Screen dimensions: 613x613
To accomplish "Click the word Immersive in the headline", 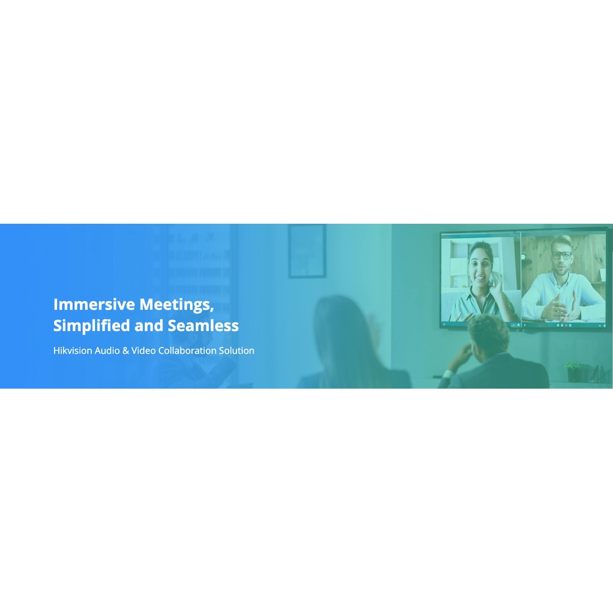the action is click(x=94, y=304).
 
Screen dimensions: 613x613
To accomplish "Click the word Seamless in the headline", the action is click(x=204, y=326).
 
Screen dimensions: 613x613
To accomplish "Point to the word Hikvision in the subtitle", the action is click(x=73, y=350).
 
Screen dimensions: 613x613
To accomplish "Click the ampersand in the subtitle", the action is click(x=126, y=351).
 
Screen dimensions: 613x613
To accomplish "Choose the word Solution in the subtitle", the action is click(x=237, y=350).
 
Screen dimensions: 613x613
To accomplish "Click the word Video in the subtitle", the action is click(x=143, y=350).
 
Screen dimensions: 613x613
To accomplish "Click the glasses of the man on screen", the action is click(x=562, y=255).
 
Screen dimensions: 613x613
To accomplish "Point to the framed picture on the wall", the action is click(x=307, y=251).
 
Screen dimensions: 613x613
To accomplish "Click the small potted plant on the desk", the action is click(x=574, y=371).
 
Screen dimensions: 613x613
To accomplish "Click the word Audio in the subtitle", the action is click(x=107, y=350).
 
